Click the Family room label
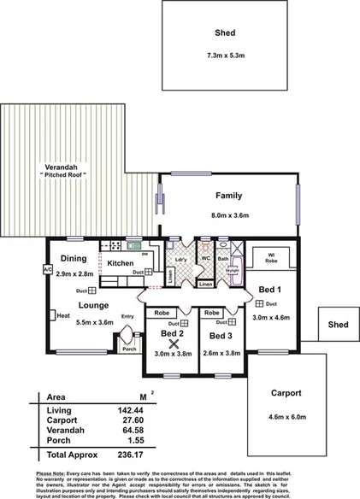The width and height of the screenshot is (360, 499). tap(229, 196)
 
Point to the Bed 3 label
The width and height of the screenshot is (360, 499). tap(220, 337)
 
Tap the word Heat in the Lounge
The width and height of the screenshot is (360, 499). tap(62, 315)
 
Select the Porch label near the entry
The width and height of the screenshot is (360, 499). tap(129, 349)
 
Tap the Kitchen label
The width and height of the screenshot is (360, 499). tap(121, 262)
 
